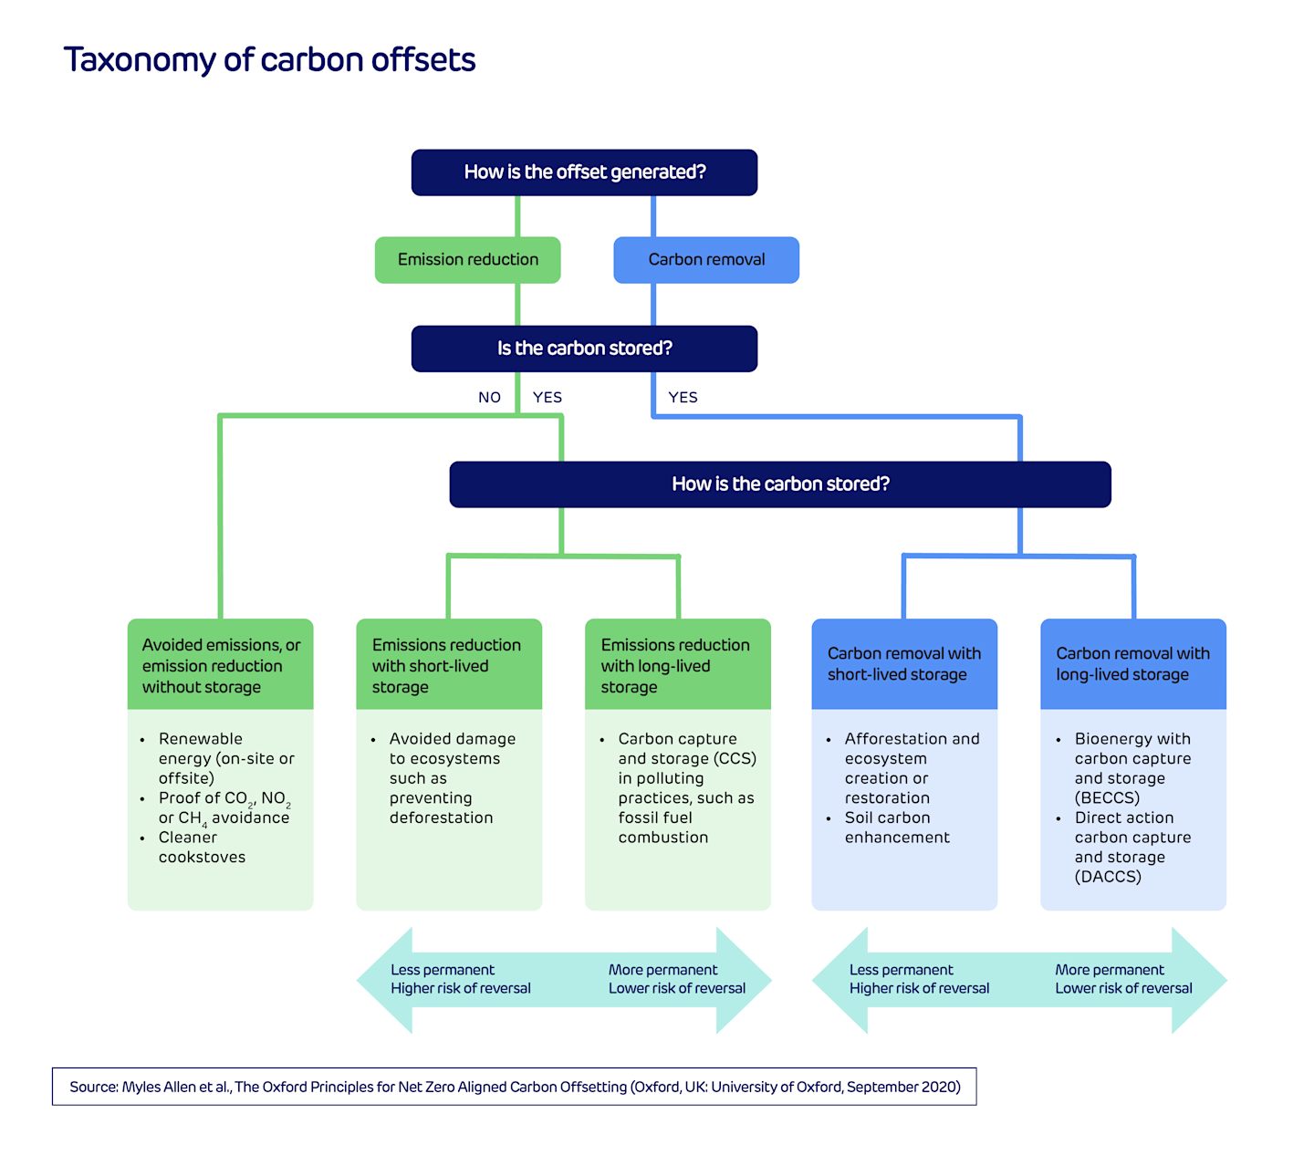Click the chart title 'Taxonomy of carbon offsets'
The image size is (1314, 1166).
269,60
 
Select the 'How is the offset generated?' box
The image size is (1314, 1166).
584,172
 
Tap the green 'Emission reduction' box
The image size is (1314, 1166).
467,260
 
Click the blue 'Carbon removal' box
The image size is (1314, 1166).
706,260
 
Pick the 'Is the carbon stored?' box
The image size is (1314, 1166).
584,349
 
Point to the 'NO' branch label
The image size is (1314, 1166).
489,398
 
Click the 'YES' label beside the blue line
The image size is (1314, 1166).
683,398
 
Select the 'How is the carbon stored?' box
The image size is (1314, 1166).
780,484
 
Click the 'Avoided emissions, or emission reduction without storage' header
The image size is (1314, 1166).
221,665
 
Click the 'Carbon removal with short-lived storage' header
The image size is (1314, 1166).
904,664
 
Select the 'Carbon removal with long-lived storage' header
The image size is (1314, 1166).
1133,664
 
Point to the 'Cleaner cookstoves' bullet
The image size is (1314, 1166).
201,848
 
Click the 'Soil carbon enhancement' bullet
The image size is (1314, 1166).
896,828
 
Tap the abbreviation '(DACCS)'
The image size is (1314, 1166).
1108,877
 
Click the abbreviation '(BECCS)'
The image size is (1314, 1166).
1107,798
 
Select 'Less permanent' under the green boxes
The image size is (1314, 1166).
443,970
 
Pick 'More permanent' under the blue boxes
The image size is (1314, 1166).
1110,970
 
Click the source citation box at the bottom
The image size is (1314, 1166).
515,1087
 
